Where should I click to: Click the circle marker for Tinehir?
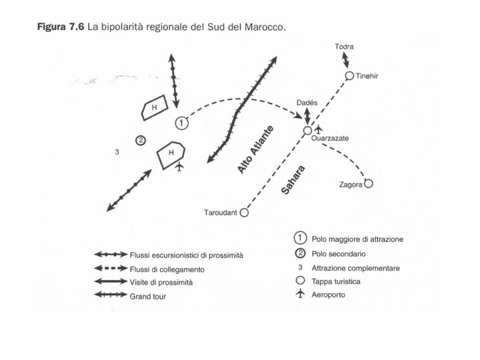(349, 76)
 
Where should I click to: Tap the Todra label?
(345, 47)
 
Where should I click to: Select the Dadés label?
(307, 103)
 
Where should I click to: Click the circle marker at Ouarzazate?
(307, 131)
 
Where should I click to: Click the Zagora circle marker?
(368, 184)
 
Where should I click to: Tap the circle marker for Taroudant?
(244, 213)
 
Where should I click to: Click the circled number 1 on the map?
(181, 123)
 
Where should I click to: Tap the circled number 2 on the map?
(141, 140)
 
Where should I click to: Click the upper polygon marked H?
(153, 109)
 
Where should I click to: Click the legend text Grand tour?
(148, 296)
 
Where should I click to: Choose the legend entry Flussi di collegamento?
(167, 269)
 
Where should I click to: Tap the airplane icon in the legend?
(300, 293)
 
